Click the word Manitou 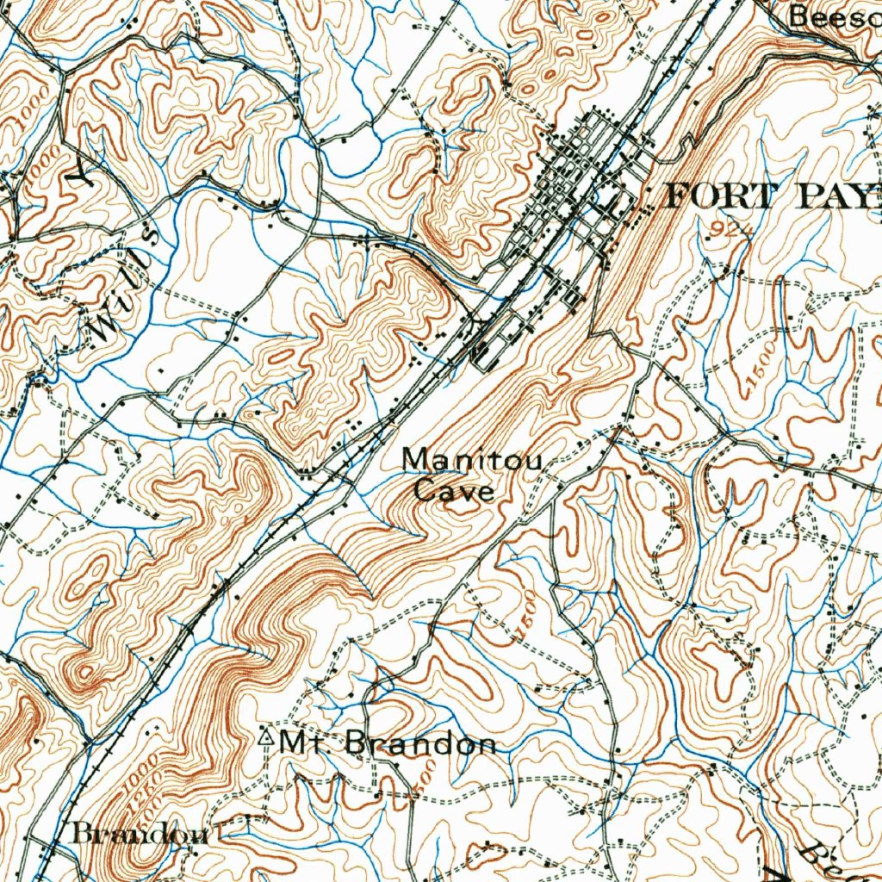click(x=472, y=462)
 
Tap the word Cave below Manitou click(x=454, y=492)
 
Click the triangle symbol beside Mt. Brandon click(x=265, y=738)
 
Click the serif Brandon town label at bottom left click(x=140, y=834)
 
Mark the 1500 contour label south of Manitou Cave click(x=525, y=617)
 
